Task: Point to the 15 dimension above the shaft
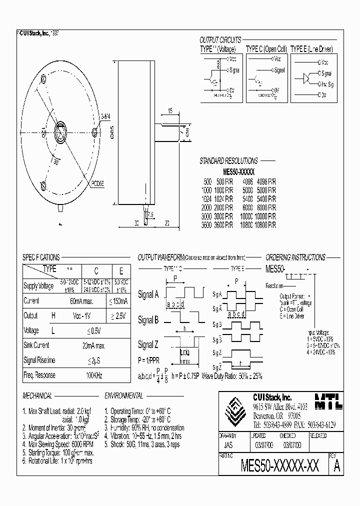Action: (170, 111)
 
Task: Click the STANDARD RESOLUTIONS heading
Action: (228, 161)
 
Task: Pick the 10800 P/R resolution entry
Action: (265, 225)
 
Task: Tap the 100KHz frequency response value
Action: (94, 375)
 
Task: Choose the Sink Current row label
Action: (36, 345)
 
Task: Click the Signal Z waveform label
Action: (148, 345)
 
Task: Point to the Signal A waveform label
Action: (148, 295)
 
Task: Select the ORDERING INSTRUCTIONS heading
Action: (295, 257)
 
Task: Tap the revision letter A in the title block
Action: (337, 466)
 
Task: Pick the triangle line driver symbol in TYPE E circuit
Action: (306, 78)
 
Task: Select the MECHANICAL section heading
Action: (37, 395)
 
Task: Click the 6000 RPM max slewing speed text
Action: (75, 444)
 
